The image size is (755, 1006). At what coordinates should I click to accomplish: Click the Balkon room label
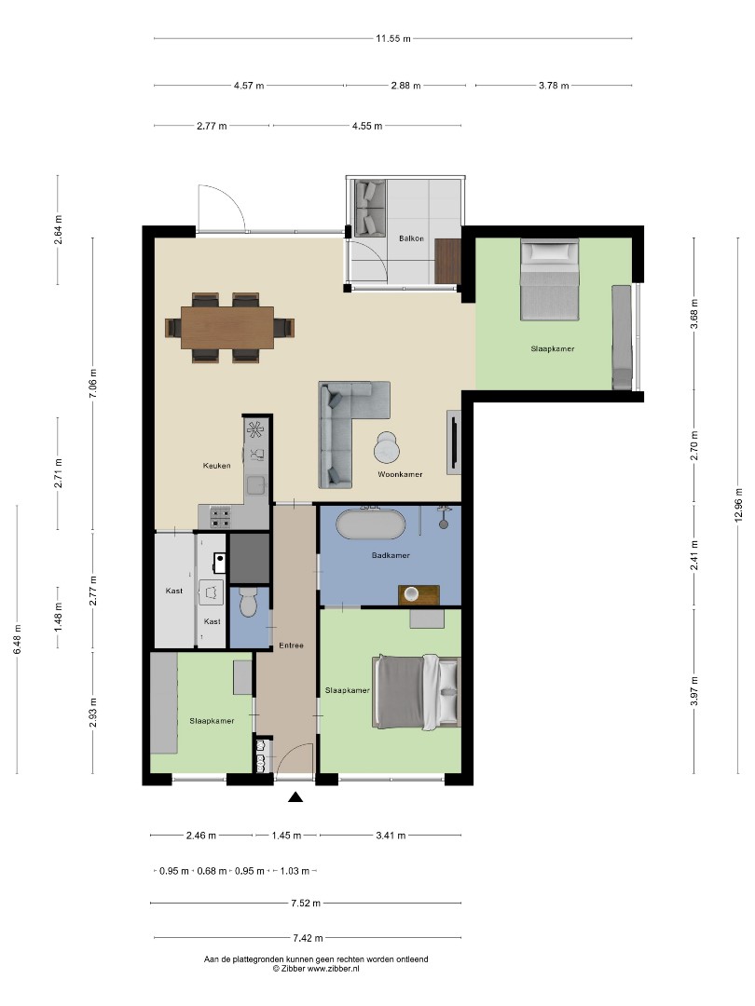411,238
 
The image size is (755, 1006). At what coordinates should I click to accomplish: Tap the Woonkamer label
400,475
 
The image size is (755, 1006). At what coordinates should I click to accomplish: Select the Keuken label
216,466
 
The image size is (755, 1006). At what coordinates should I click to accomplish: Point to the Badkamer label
391,555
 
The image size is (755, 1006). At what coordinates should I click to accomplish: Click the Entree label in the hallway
291,646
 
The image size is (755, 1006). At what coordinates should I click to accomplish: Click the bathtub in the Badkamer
371,524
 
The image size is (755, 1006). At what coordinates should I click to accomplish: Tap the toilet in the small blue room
247,604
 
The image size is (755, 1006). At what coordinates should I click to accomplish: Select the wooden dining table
227,328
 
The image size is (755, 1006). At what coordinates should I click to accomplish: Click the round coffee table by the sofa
387,447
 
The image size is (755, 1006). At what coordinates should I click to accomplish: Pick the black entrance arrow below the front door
295,797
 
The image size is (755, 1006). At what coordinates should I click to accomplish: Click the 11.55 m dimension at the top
393,38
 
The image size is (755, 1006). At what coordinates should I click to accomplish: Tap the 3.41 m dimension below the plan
391,836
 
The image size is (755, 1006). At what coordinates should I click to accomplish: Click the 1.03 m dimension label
295,871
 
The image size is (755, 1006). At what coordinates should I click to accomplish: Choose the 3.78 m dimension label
554,86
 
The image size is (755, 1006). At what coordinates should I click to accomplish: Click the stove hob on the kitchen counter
220,513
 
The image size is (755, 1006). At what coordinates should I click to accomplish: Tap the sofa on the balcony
370,208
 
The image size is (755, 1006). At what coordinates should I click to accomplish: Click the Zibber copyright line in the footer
316,969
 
